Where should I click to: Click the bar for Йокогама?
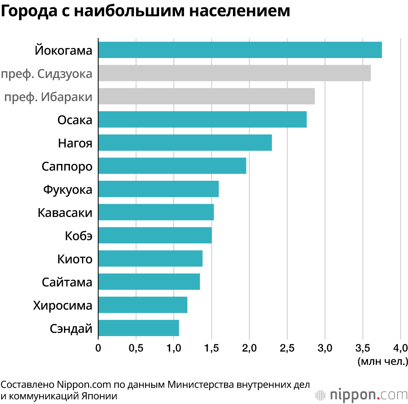pos(240,50)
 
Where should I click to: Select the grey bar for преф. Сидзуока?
pos(235,73)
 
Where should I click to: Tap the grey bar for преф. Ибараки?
pos(206,96)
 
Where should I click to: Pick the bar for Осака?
pos(202,119)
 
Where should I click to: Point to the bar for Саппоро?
pos(172,166)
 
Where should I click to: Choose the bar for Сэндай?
pos(139,328)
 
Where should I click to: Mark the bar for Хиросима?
pos(143,305)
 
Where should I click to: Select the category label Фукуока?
pos(68,190)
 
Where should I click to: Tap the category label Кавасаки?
pos(65,213)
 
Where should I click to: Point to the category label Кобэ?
pos(79,236)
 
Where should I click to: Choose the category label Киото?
pos(75,260)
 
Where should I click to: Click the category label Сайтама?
pos(67,283)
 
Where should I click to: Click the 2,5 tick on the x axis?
pos(287,348)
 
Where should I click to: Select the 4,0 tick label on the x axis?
pos(400,348)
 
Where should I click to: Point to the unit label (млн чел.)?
pos(382,361)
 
